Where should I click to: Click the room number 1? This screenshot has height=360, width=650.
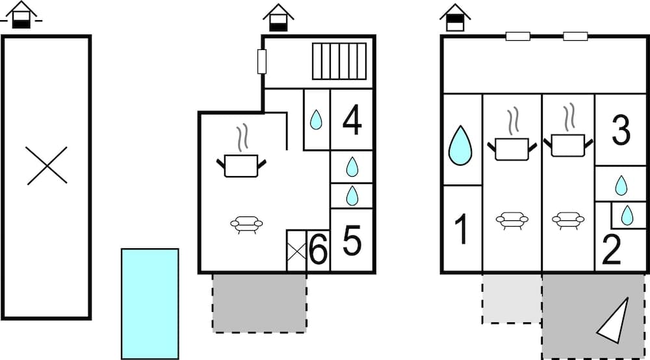pos(461,229)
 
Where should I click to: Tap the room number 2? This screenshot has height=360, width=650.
pos(611,250)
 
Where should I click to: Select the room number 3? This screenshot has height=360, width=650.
pos(621,131)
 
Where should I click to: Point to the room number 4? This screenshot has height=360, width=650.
pos(352,121)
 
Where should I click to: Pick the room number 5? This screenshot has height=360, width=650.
pos(352,241)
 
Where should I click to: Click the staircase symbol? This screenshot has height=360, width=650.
pos(339,61)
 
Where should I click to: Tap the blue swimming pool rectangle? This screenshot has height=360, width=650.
pos(149,303)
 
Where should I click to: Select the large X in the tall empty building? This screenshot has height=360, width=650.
pos(47,165)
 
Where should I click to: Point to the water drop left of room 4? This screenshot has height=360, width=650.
pos(316,120)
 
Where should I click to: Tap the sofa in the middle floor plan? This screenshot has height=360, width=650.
pos(246,224)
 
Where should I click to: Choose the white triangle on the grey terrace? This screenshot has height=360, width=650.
pos(614,320)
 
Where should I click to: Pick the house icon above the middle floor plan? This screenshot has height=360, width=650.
pos(279,18)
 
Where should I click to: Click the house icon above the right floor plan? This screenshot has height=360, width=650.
pos(455,18)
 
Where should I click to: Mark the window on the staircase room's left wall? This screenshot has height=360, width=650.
pos(262,61)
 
